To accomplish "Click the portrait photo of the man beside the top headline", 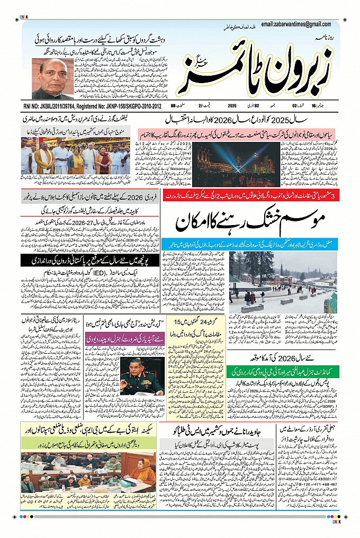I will [x=52, y=79].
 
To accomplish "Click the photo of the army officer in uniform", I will [x=142, y=376].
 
